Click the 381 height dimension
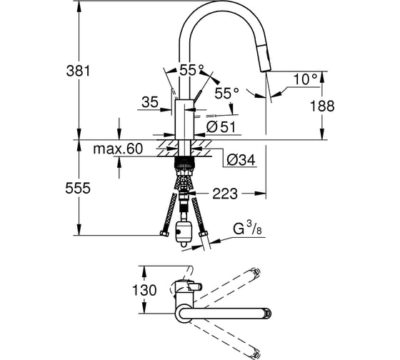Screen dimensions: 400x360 tap(78, 71)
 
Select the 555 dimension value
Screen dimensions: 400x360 tap(78, 189)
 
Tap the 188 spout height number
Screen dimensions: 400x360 tap(322, 106)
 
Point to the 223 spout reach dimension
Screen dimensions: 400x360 tap(225, 194)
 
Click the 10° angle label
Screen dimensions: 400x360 tap(306, 79)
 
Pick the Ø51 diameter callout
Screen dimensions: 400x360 tap(221, 127)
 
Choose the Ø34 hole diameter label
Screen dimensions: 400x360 tap(241, 160)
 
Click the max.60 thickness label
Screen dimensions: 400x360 tap(118, 149)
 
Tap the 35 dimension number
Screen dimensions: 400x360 tap(150, 102)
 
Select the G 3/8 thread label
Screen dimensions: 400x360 tap(247, 229)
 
